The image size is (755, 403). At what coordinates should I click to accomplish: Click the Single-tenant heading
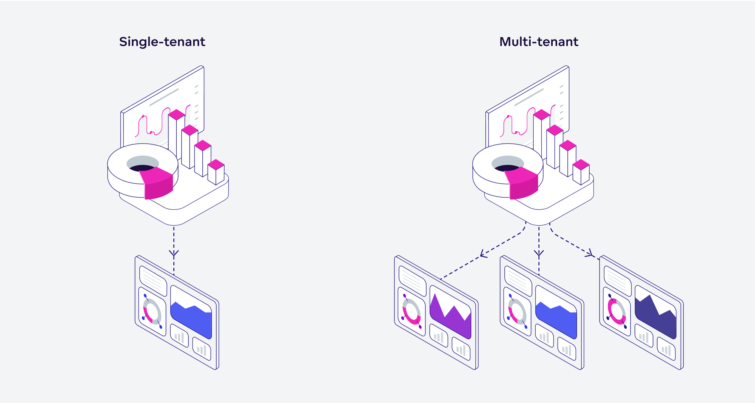[x=162, y=42]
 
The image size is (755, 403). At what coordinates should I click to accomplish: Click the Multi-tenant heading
[x=538, y=42]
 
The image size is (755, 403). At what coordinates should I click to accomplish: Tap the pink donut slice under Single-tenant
[x=158, y=183]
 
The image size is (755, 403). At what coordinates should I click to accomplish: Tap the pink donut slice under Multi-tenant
[x=523, y=183]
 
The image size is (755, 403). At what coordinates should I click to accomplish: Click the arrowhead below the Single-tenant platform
[x=174, y=253]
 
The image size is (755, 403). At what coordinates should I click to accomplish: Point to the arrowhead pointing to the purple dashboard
[x=483, y=254]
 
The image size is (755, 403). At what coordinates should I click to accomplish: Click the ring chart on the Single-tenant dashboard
[x=152, y=311]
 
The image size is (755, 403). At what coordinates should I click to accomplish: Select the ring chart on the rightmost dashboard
[x=616, y=311]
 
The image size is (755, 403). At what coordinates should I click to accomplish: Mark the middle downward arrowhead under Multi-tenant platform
[x=539, y=253]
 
